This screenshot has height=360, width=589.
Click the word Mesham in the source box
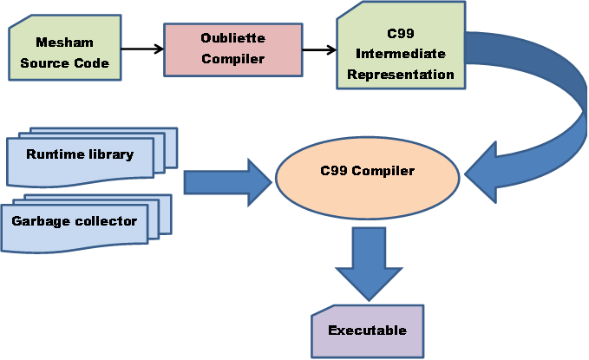click(64, 43)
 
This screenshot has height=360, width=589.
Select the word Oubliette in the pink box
click(232, 37)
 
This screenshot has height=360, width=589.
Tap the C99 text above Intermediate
click(401, 34)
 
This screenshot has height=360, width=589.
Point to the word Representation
click(401, 74)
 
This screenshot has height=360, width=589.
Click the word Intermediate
click(401, 54)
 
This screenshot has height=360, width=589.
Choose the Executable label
click(368, 330)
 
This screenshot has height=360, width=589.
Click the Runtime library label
click(80, 154)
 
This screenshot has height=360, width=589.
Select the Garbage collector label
click(74, 221)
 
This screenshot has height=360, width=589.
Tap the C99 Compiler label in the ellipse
click(368, 171)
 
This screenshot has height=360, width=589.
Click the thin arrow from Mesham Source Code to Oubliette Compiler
click(142, 49)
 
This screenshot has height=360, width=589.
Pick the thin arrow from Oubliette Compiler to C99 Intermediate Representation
click(319, 49)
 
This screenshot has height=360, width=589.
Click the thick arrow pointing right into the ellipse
click(228, 183)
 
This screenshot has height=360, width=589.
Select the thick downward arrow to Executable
click(369, 264)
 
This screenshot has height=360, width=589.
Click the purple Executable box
click(368, 331)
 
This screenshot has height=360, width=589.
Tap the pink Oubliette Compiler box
click(232, 49)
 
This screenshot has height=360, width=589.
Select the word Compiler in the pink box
click(232, 59)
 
